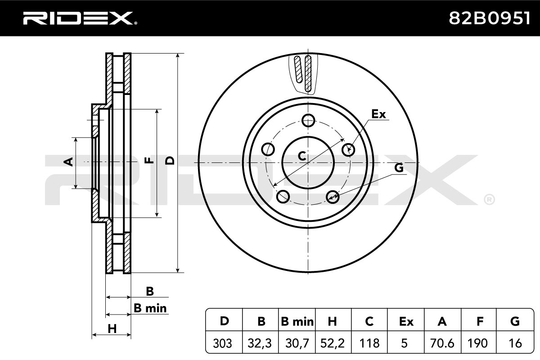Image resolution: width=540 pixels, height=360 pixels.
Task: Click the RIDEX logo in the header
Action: [x=80, y=18]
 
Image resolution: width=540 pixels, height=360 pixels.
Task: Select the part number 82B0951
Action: [x=490, y=18]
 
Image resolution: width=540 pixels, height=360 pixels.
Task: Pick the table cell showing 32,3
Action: [x=260, y=343]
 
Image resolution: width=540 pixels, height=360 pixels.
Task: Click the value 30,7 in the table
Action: [x=297, y=343]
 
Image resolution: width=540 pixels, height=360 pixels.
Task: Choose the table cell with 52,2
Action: [x=333, y=343]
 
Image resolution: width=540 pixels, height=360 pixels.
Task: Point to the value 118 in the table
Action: [x=369, y=343]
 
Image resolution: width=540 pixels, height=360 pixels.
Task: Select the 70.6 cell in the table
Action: [x=442, y=343]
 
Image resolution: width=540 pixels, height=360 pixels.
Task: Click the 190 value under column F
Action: [x=477, y=343]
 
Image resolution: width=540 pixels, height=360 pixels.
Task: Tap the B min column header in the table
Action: [x=297, y=321]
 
